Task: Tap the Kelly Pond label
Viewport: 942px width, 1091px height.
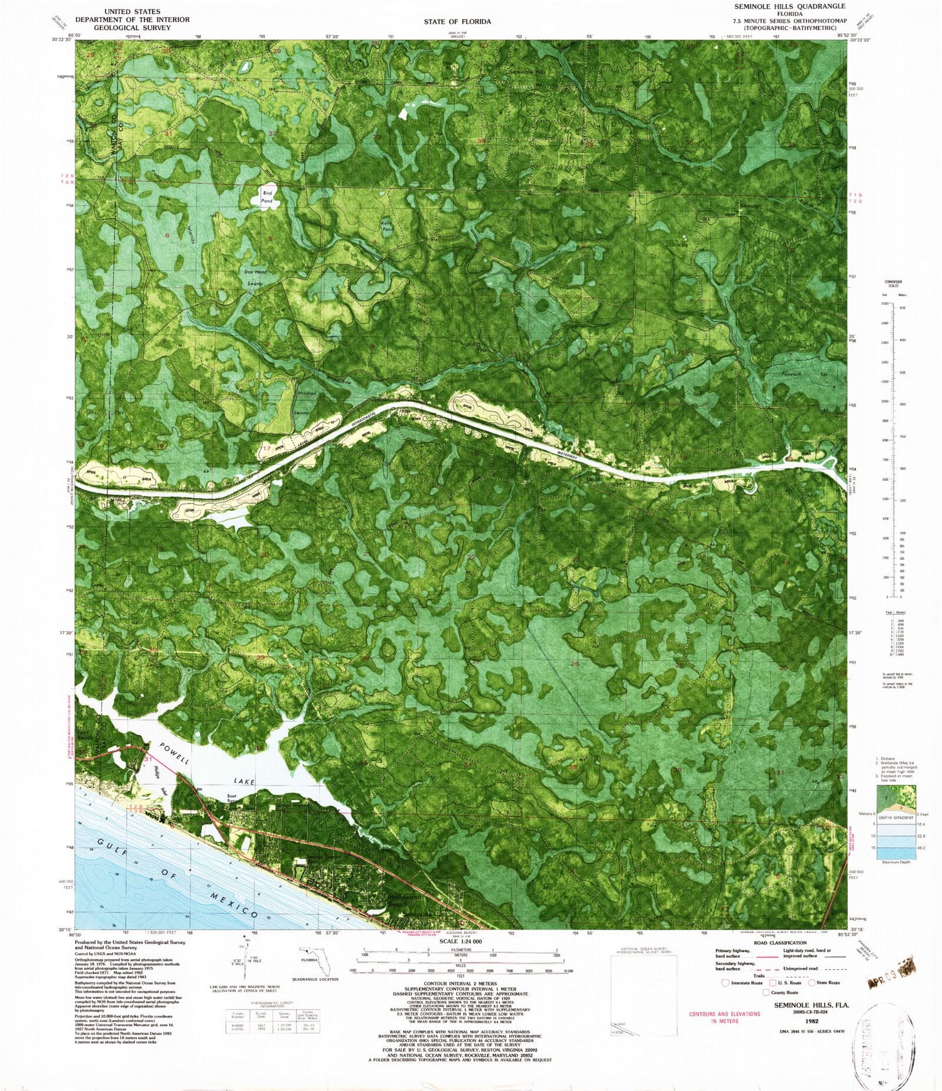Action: tap(387, 226)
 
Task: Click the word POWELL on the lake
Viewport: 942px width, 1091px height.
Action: tap(174, 753)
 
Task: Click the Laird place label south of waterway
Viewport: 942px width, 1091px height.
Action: tap(593, 480)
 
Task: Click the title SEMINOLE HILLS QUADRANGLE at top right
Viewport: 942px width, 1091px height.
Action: tap(790, 6)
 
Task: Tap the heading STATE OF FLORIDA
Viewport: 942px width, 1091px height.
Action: tap(457, 21)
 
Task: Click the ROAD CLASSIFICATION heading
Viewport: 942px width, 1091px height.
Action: tap(780, 943)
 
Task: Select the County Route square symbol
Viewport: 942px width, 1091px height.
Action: tap(766, 992)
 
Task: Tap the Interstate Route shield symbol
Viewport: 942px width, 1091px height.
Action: tap(726, 983)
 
